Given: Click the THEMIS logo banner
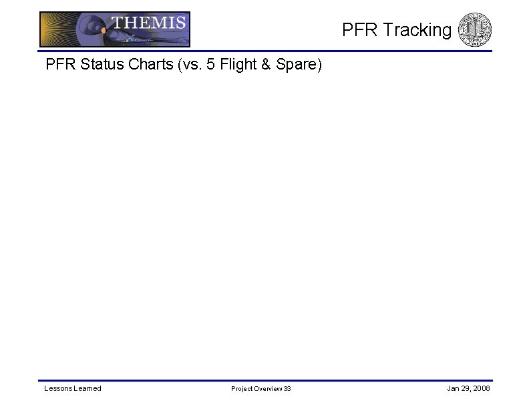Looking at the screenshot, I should click(115, 29).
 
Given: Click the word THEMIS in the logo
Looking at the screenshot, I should click(148, 23).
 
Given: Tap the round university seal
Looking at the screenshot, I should click(476, 30).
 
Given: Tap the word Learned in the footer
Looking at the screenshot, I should click(88, 388).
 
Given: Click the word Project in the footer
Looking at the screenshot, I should click(242, 389).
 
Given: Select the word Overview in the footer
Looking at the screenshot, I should click(269, 389).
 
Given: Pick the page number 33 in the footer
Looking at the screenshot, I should click(287, 389).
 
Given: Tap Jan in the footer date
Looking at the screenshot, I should click(452, 388).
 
